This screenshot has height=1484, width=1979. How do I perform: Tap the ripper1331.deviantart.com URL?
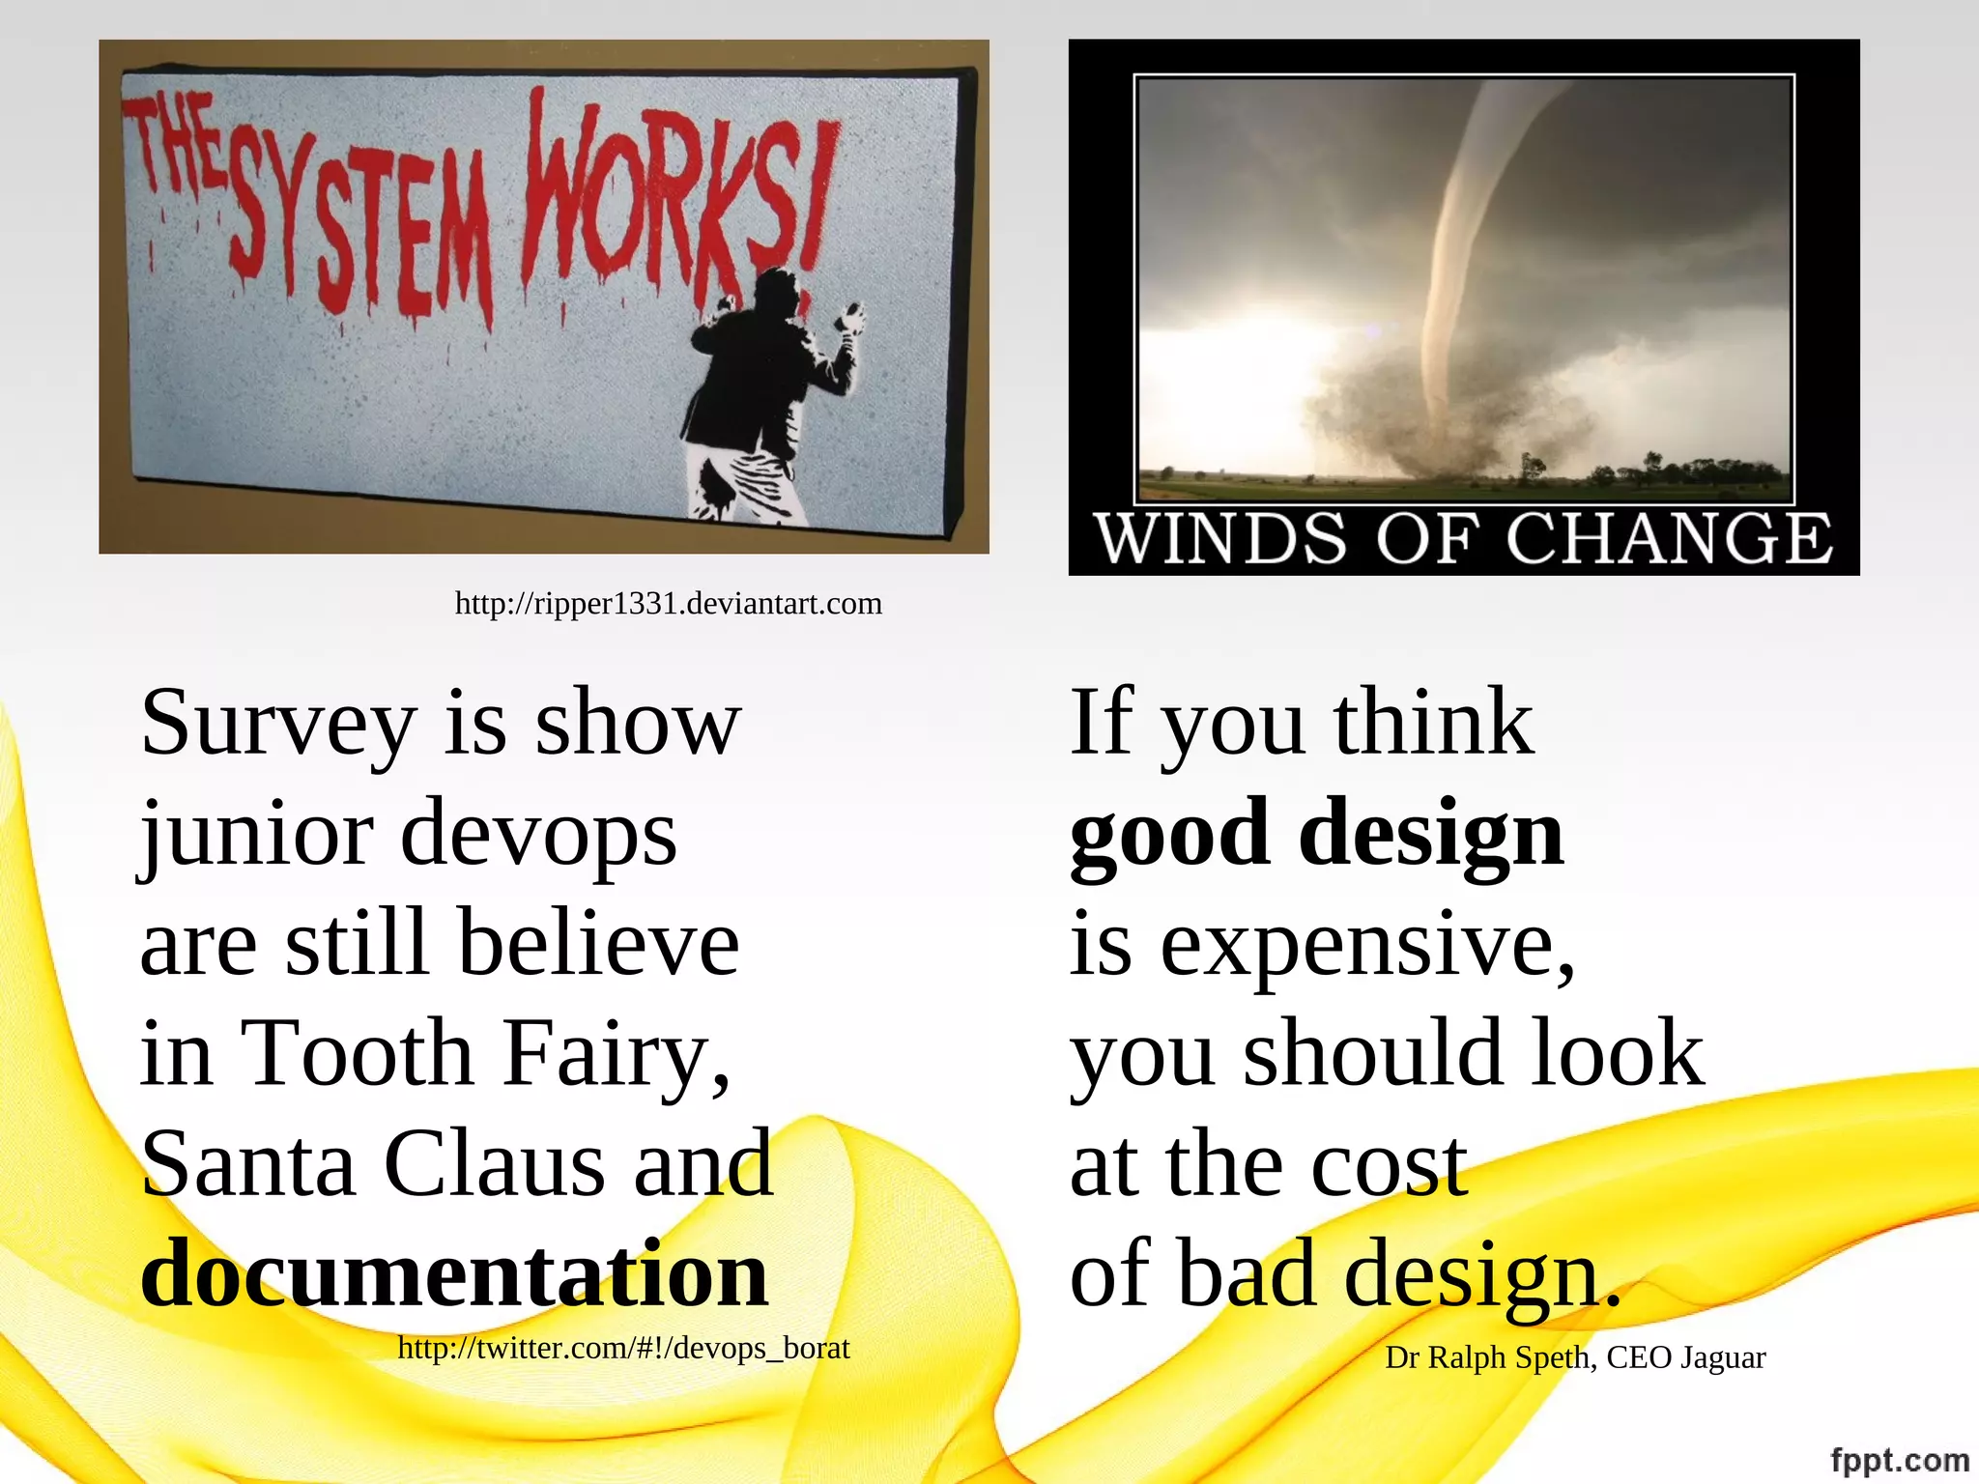click(x=668, y=604)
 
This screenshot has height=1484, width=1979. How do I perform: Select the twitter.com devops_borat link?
click(x=623, y=1348)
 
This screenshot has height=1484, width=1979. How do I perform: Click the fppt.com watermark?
click(x=1899, y=1460)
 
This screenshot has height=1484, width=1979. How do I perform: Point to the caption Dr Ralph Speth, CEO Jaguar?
click(x=1575, y=1357)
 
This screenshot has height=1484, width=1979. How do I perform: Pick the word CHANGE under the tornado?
click(x=1669, y=538)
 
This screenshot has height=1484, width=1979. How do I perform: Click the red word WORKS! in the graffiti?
click(x=676, y=193)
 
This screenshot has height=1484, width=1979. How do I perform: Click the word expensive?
click(x=1367, y=947)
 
